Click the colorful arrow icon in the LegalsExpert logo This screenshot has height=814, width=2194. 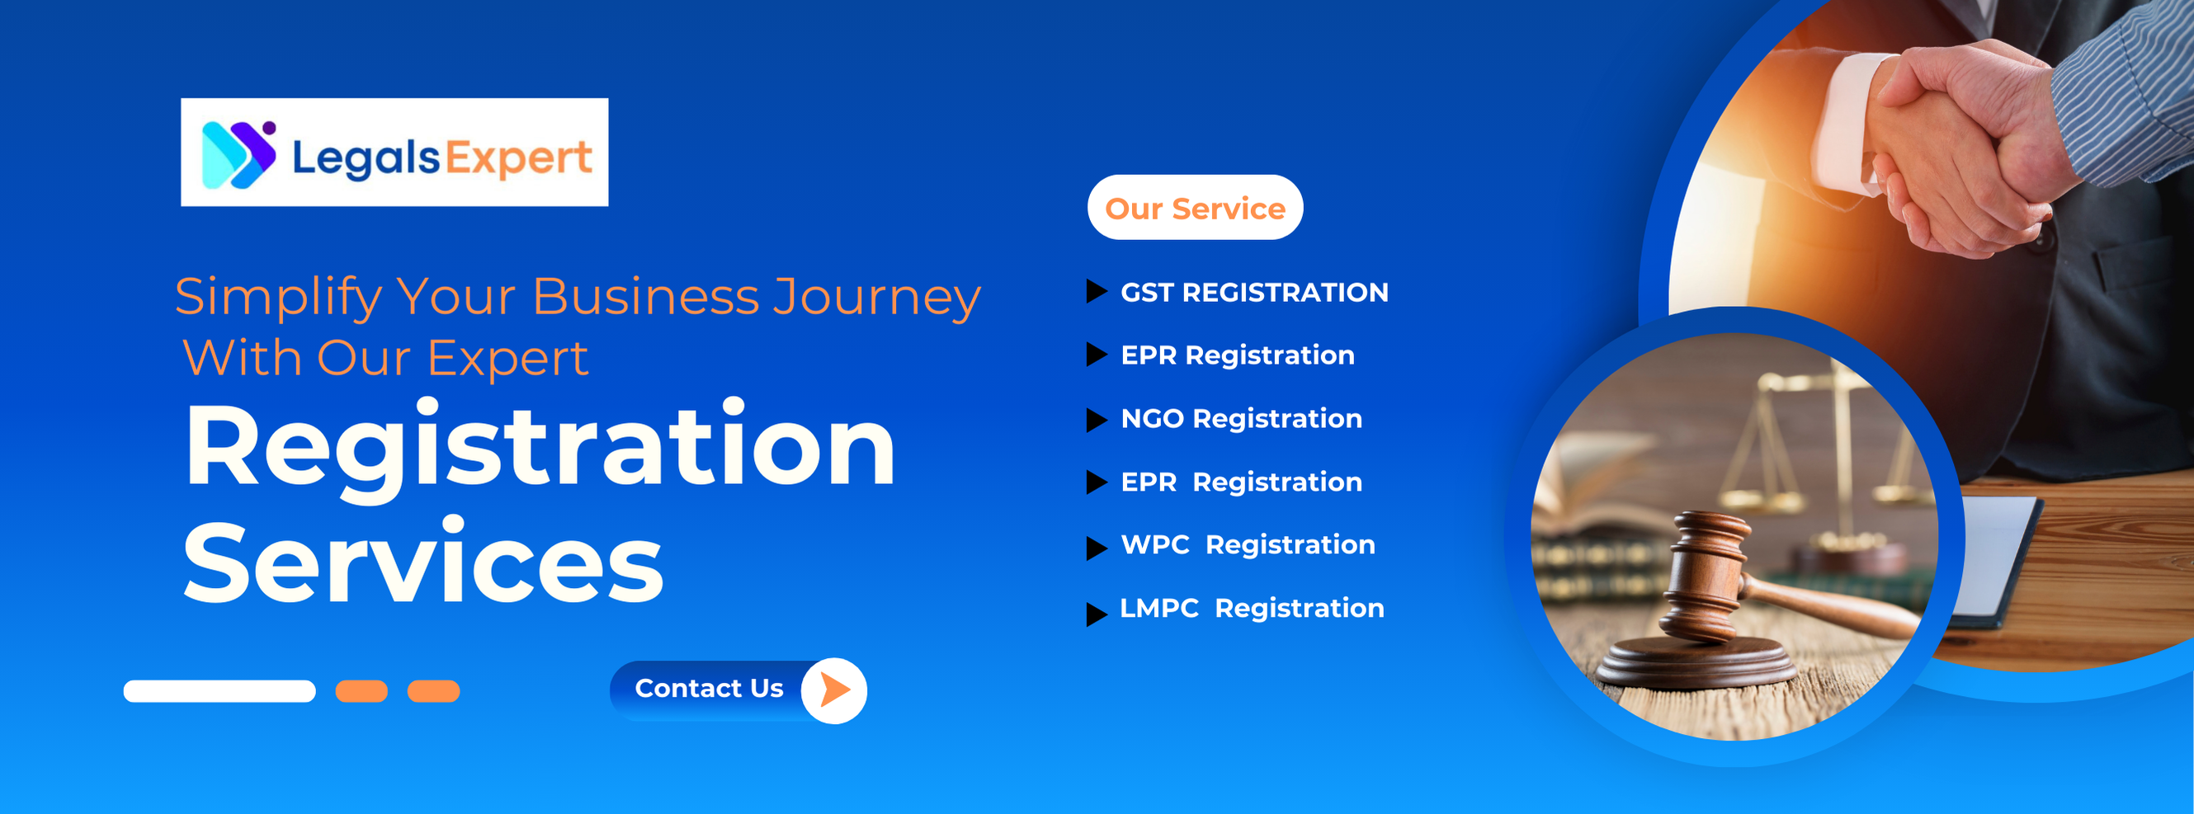238,154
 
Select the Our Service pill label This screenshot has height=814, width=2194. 1195,208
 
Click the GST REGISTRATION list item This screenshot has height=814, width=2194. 1253,292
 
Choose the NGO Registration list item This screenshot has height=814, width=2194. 1241,419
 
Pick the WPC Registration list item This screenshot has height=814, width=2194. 1248,545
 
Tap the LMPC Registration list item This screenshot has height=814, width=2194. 1252,608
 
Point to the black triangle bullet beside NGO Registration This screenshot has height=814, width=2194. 1096,420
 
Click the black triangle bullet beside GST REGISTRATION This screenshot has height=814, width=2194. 1096,292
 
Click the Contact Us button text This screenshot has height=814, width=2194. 709,688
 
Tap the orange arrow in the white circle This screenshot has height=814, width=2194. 835,689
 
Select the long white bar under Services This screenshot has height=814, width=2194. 219,691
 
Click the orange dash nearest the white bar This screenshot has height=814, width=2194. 361,691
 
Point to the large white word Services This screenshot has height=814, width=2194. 423,562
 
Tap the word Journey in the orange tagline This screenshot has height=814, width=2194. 876,299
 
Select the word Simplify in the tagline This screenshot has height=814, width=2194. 279,299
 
